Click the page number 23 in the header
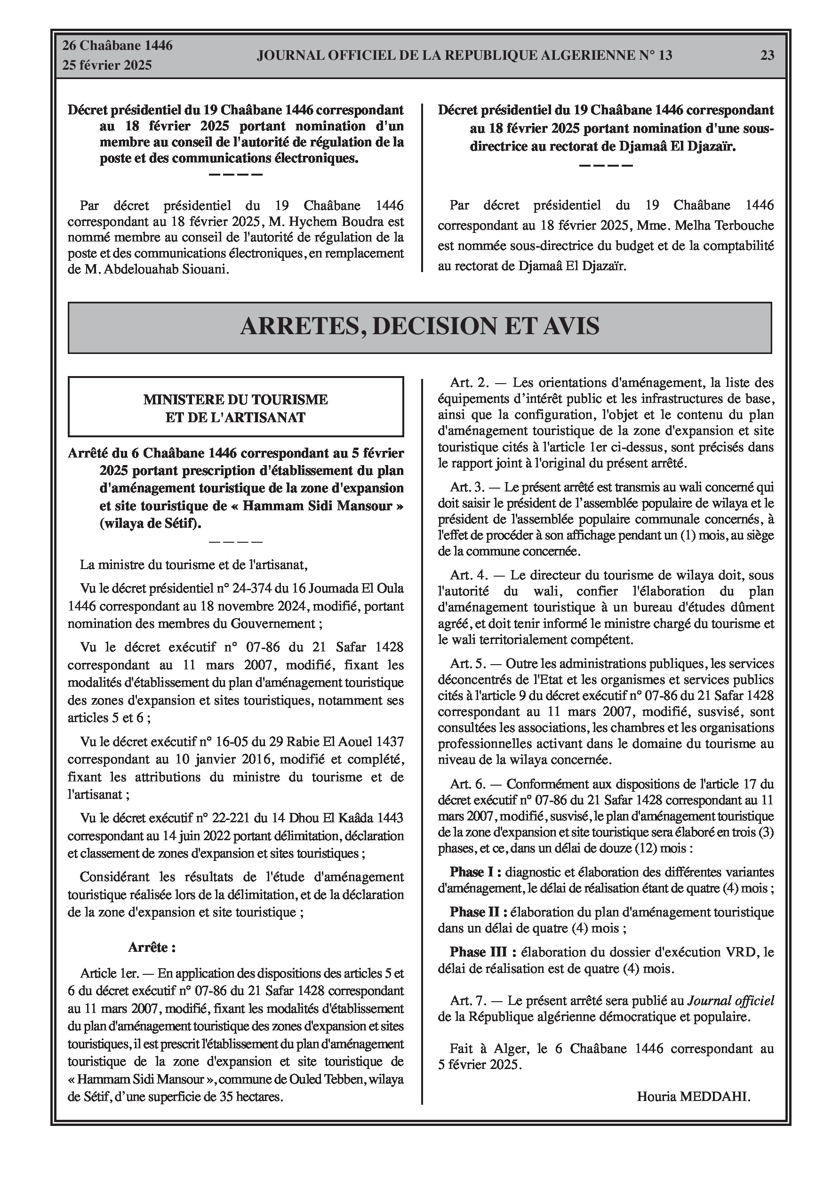tap(767, 56)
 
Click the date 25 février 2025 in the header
tap(107, 65)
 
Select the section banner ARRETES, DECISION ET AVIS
tap(419, 326)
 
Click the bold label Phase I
tap(475, 872)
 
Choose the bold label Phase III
tap(483, 952)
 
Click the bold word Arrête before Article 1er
tap(152, 947)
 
